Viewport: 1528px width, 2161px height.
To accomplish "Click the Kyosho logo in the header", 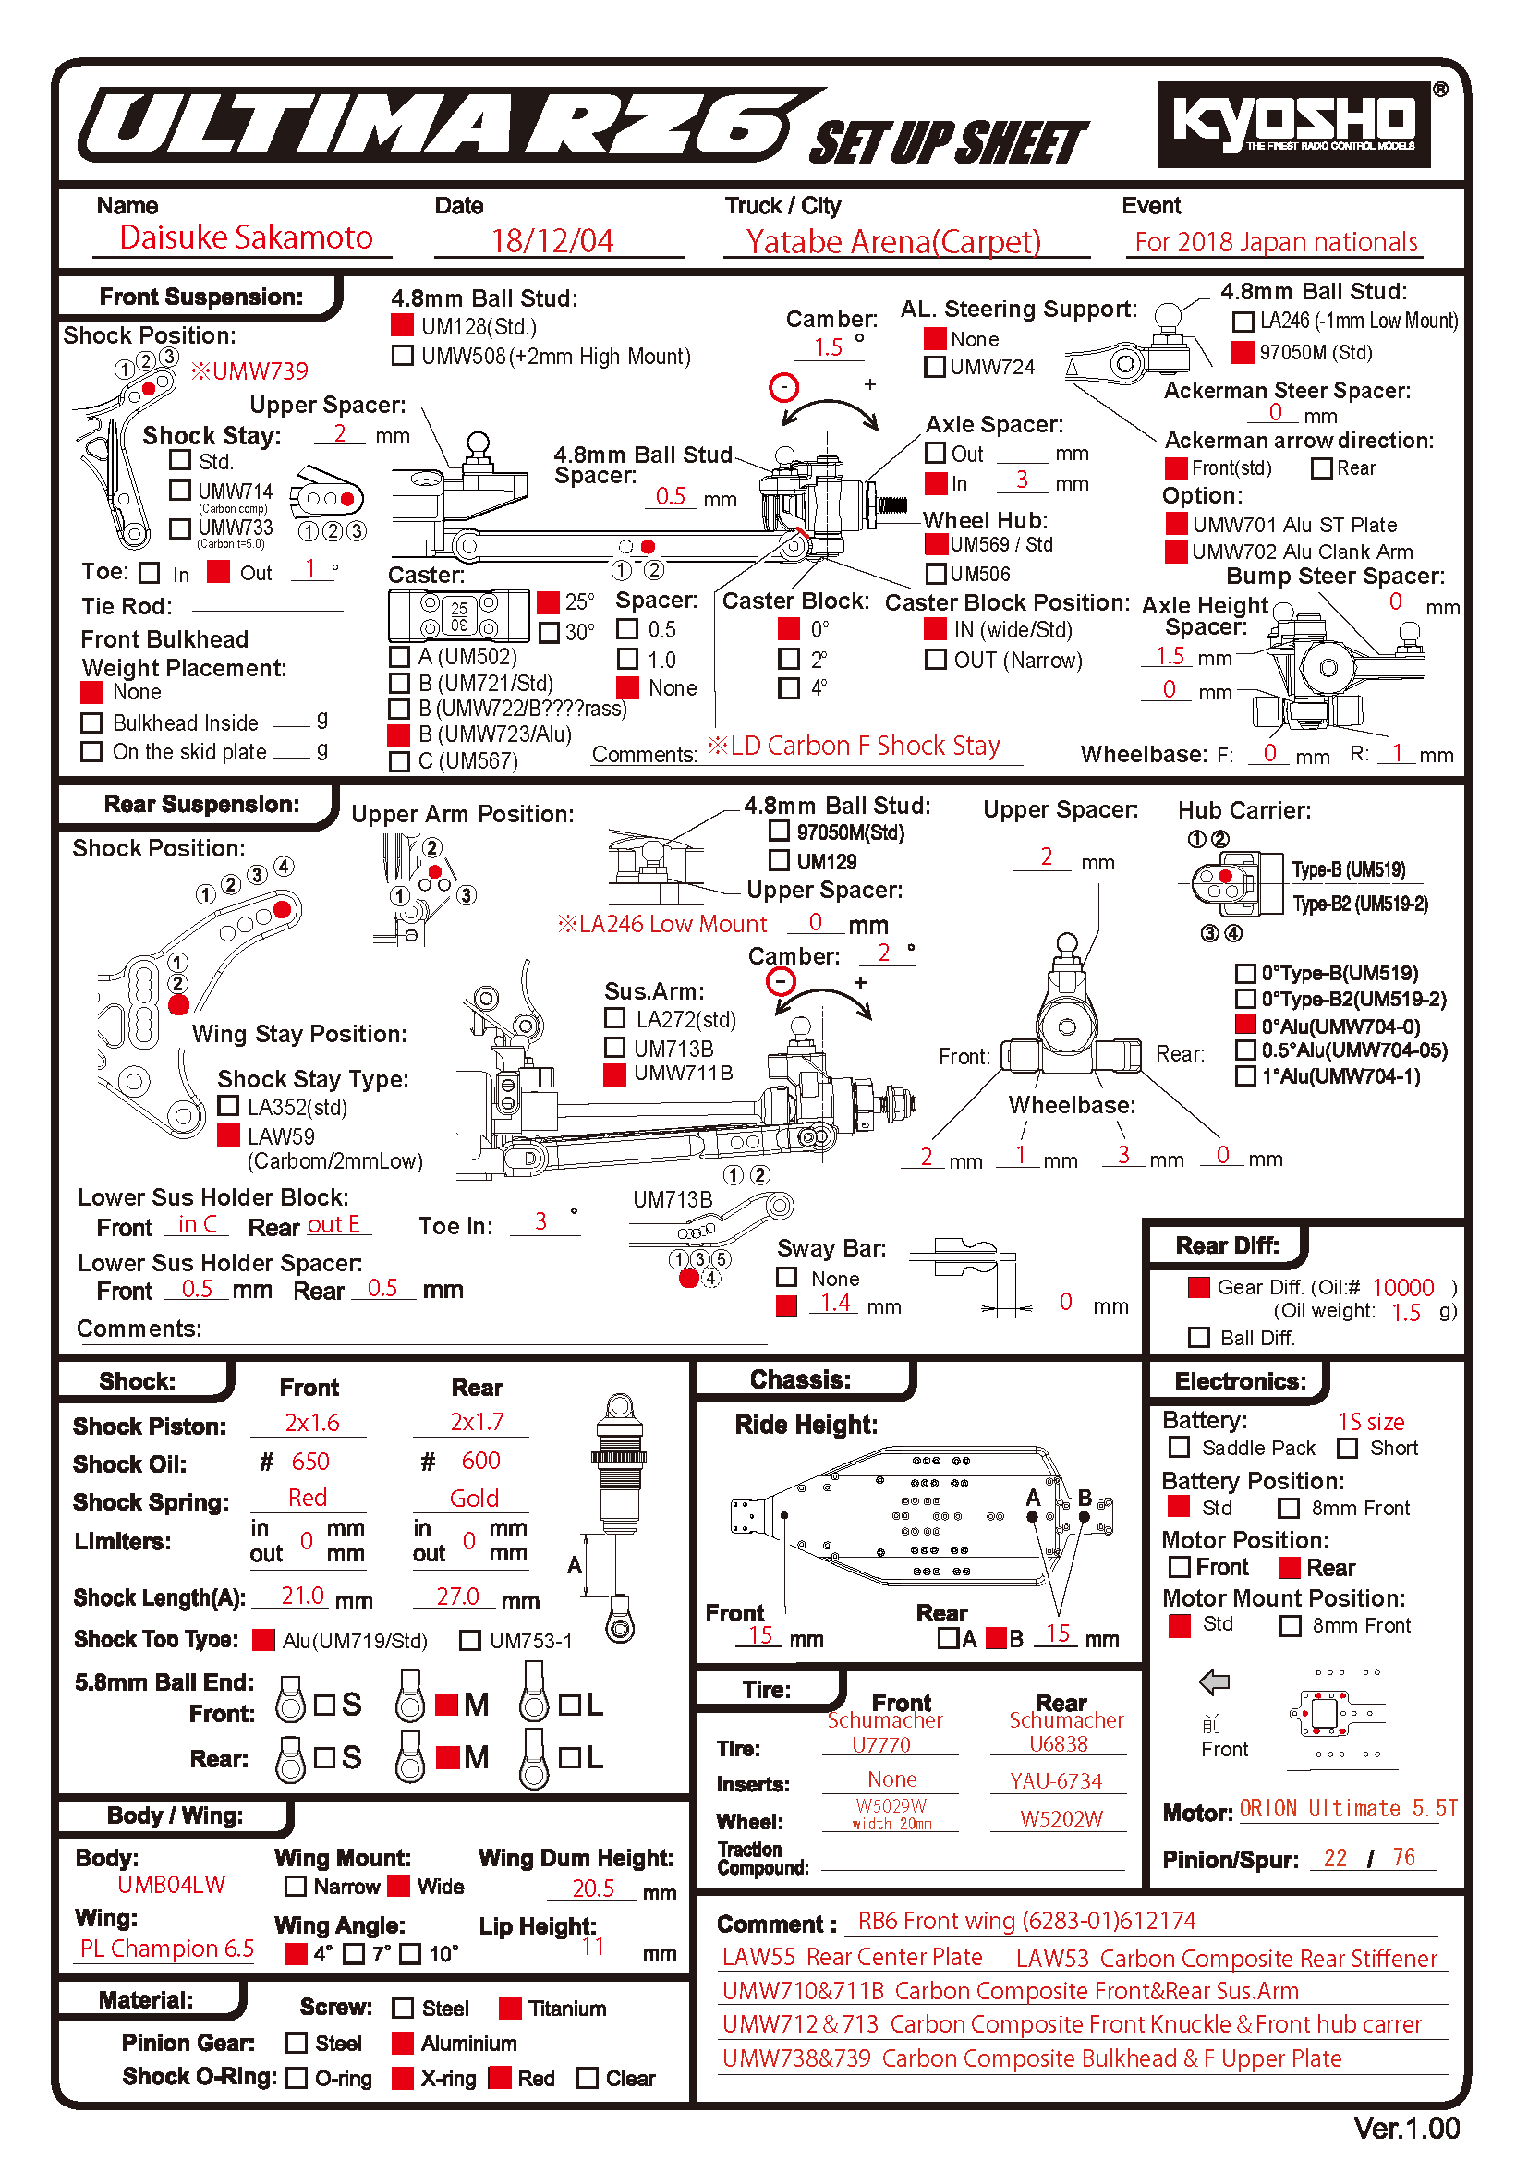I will coord(1292,123).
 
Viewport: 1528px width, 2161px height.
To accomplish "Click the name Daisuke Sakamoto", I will coord(246,238).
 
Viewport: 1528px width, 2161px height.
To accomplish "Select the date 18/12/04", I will coord(552,241).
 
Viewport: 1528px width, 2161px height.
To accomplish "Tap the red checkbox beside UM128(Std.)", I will coord(402,325).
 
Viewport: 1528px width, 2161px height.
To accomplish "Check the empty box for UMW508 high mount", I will coord(402,356).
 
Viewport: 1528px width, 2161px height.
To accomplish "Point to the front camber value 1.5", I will coord(828,347).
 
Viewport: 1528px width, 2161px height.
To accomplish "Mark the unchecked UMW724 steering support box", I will coord(934,367).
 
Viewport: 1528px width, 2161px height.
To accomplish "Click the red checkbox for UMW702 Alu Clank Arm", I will coord(1175,552).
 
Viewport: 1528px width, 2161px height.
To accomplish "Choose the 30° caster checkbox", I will coord(548,632).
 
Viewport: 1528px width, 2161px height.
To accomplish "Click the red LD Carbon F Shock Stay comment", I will coord(854,747).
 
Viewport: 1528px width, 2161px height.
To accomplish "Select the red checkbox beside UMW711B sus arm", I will coord(614,1074).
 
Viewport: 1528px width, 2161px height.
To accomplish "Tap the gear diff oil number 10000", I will coord(1402,1288).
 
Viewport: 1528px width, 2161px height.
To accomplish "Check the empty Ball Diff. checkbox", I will coord(1199,1338).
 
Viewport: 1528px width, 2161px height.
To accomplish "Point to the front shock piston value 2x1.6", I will coord(311,1422).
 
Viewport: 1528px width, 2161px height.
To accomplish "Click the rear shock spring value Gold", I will coord(473,1499).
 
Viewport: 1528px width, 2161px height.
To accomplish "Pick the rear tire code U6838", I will coord(1058,1744).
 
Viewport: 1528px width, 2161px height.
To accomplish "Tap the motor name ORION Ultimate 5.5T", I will coord(1347,1808).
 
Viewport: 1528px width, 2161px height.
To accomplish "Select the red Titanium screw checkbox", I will coord(510,2009).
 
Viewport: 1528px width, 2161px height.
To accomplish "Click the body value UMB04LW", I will coord(171,1884).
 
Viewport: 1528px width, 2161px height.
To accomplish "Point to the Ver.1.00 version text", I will coord(1406,2128).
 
